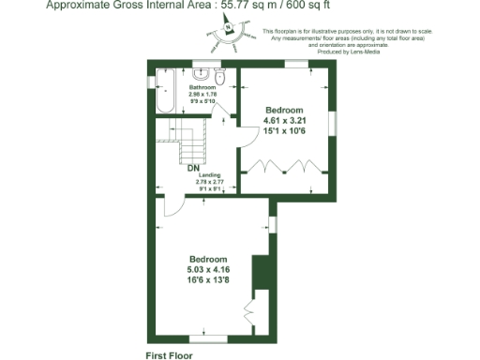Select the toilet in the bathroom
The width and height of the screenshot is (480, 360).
tap(220, 75)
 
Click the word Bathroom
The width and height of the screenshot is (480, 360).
tap(202, 88)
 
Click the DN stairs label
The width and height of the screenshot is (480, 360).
tap(192, 169)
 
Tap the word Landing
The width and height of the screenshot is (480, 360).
tap(209, 175)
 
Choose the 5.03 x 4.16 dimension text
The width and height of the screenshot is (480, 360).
tap(209, 270)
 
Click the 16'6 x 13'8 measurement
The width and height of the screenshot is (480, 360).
tap(209, 280)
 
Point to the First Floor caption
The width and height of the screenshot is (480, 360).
tap(169, 355)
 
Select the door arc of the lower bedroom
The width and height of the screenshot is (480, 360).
tap(176, 206)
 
